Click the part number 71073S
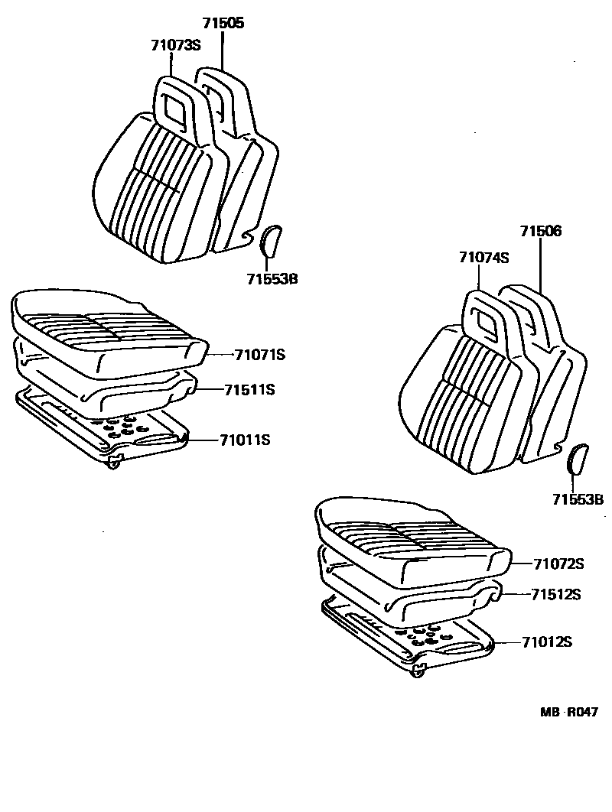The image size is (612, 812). point(175,45)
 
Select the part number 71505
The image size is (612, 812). point(223,24)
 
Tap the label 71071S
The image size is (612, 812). point(259,355)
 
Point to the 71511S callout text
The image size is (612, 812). point(249,390)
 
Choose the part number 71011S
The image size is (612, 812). point(245,440)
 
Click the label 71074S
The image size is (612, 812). point(484,258)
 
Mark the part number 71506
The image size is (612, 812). point(541,231)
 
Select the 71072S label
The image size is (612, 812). point(559,564)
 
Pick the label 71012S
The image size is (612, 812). point(547,642)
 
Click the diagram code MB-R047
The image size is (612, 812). point(569,712)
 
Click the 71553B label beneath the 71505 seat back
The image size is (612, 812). point(272,279)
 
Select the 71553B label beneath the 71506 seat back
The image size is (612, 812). point(578,500)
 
